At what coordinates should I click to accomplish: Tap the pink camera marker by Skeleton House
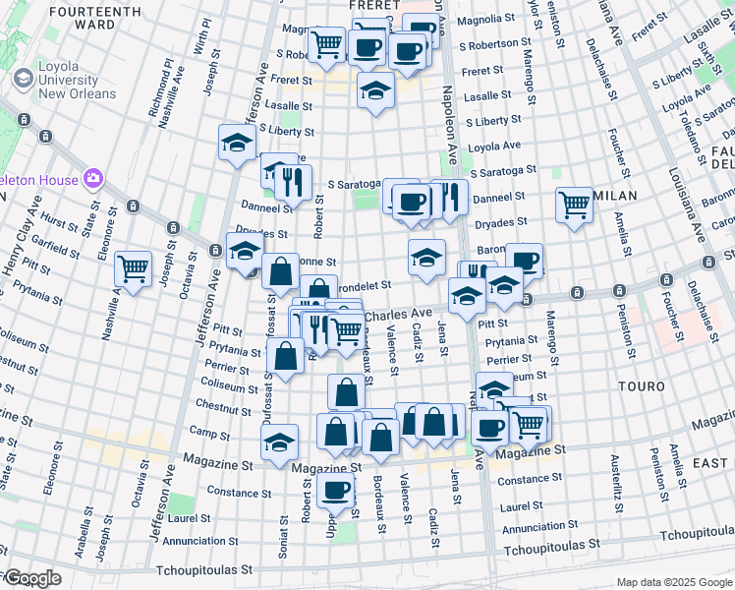pyautogui.click(x=94, y=178)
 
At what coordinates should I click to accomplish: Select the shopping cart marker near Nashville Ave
pyautogui.click(x=133, y=267)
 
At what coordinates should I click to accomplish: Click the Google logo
pyautogui.click(x=31, y=578)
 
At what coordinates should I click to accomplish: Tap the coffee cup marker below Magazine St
pyautogui.click(x=335, y=491)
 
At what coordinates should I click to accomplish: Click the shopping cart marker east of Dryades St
pyautogui.click(x=574, y=206)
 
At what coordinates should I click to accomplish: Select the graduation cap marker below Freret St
pyautogui.click(x=374, y=92)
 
